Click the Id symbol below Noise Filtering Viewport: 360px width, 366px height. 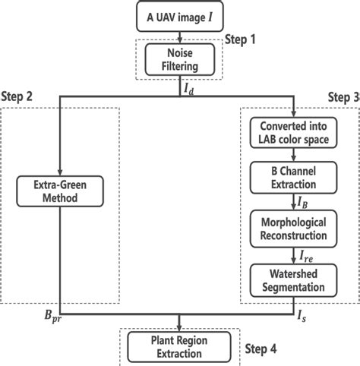point(188,87)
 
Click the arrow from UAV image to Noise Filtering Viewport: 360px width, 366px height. point(179,35)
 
